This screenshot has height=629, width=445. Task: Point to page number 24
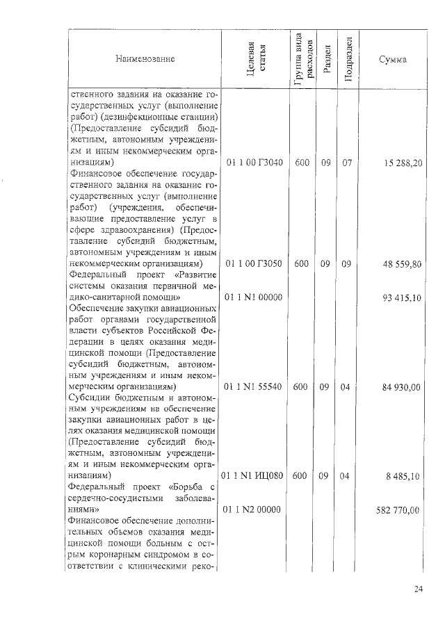(x=418, y=590)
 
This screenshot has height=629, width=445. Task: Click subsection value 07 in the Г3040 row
(x=347, y=162)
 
